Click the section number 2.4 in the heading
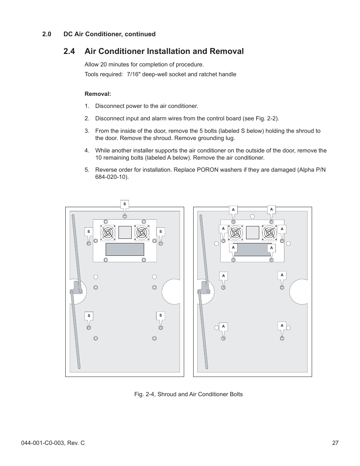[72, 51]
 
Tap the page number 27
[335, 443]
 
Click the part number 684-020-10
[111, 177]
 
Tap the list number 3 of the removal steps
[87, 131]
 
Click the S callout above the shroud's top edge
[125, 204]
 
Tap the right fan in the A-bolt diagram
[269, 232]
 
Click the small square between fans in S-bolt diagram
[125, 232]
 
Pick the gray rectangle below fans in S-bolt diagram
[125, 249]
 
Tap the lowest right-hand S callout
[160, 315]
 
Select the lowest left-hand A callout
[223, 326]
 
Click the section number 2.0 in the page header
[47, 34]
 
